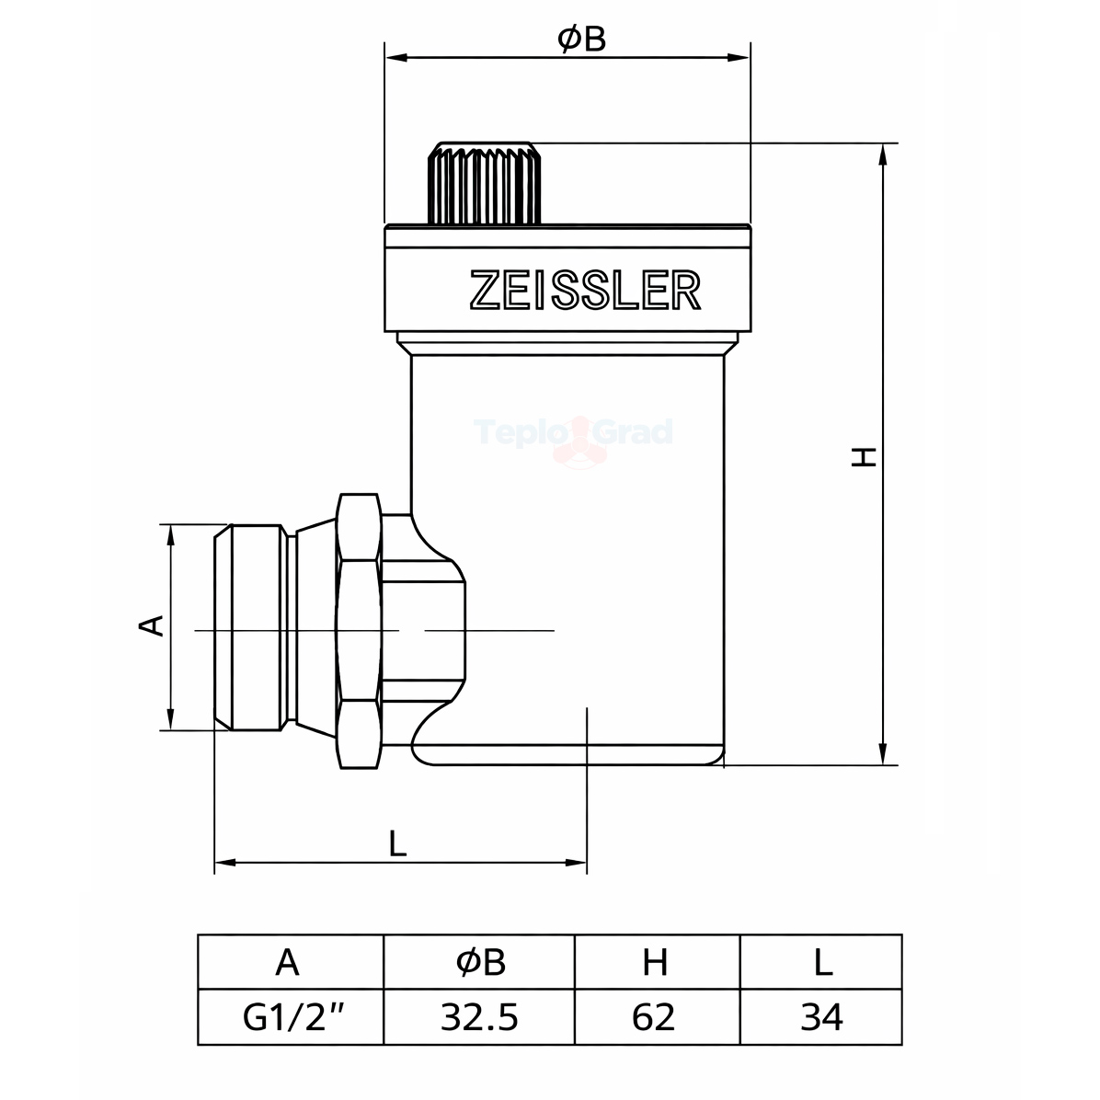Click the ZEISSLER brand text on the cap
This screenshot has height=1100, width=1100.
[x=585, y=290]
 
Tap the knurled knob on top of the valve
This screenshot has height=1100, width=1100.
[x=484, y=183]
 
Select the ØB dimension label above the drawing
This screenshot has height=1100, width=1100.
[x=581, y=40]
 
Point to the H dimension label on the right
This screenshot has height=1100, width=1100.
[x=864, y=457]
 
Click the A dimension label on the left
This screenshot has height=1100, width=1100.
[x=152, y=625]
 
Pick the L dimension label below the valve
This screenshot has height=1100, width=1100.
[x=397, y=842]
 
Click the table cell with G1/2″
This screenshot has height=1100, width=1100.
[x=291, y=1017]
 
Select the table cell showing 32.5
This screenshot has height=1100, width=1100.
[x=479, y=1017]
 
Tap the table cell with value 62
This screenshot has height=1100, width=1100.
[x=658, y=1017]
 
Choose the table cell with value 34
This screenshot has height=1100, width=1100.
[x=820, y=1017]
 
